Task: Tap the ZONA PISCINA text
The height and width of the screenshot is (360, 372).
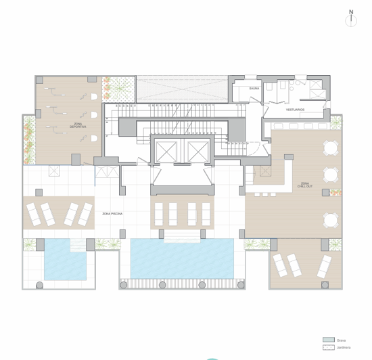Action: pos(112,214)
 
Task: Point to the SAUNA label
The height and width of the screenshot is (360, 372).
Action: pos(254,88)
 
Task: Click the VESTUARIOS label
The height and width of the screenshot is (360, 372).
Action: pos(295,109)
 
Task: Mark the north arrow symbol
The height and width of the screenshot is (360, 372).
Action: pos(351,20)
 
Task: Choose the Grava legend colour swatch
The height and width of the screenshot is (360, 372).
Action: pos(328,340)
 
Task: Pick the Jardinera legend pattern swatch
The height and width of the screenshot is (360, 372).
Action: pos(328,347)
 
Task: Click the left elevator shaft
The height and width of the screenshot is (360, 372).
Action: pos(164,152)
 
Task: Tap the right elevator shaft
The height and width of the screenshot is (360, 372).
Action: pos(197,152)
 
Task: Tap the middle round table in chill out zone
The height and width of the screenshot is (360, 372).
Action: pos(330,175)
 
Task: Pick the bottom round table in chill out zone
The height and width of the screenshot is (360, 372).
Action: pos(330,219)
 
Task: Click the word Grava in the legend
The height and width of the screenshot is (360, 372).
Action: pos(341,340)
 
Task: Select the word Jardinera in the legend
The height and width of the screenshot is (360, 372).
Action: pos(344,347)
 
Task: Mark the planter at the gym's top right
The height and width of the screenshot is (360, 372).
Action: pos(118,87)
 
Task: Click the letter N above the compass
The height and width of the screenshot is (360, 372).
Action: pos(351,12)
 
